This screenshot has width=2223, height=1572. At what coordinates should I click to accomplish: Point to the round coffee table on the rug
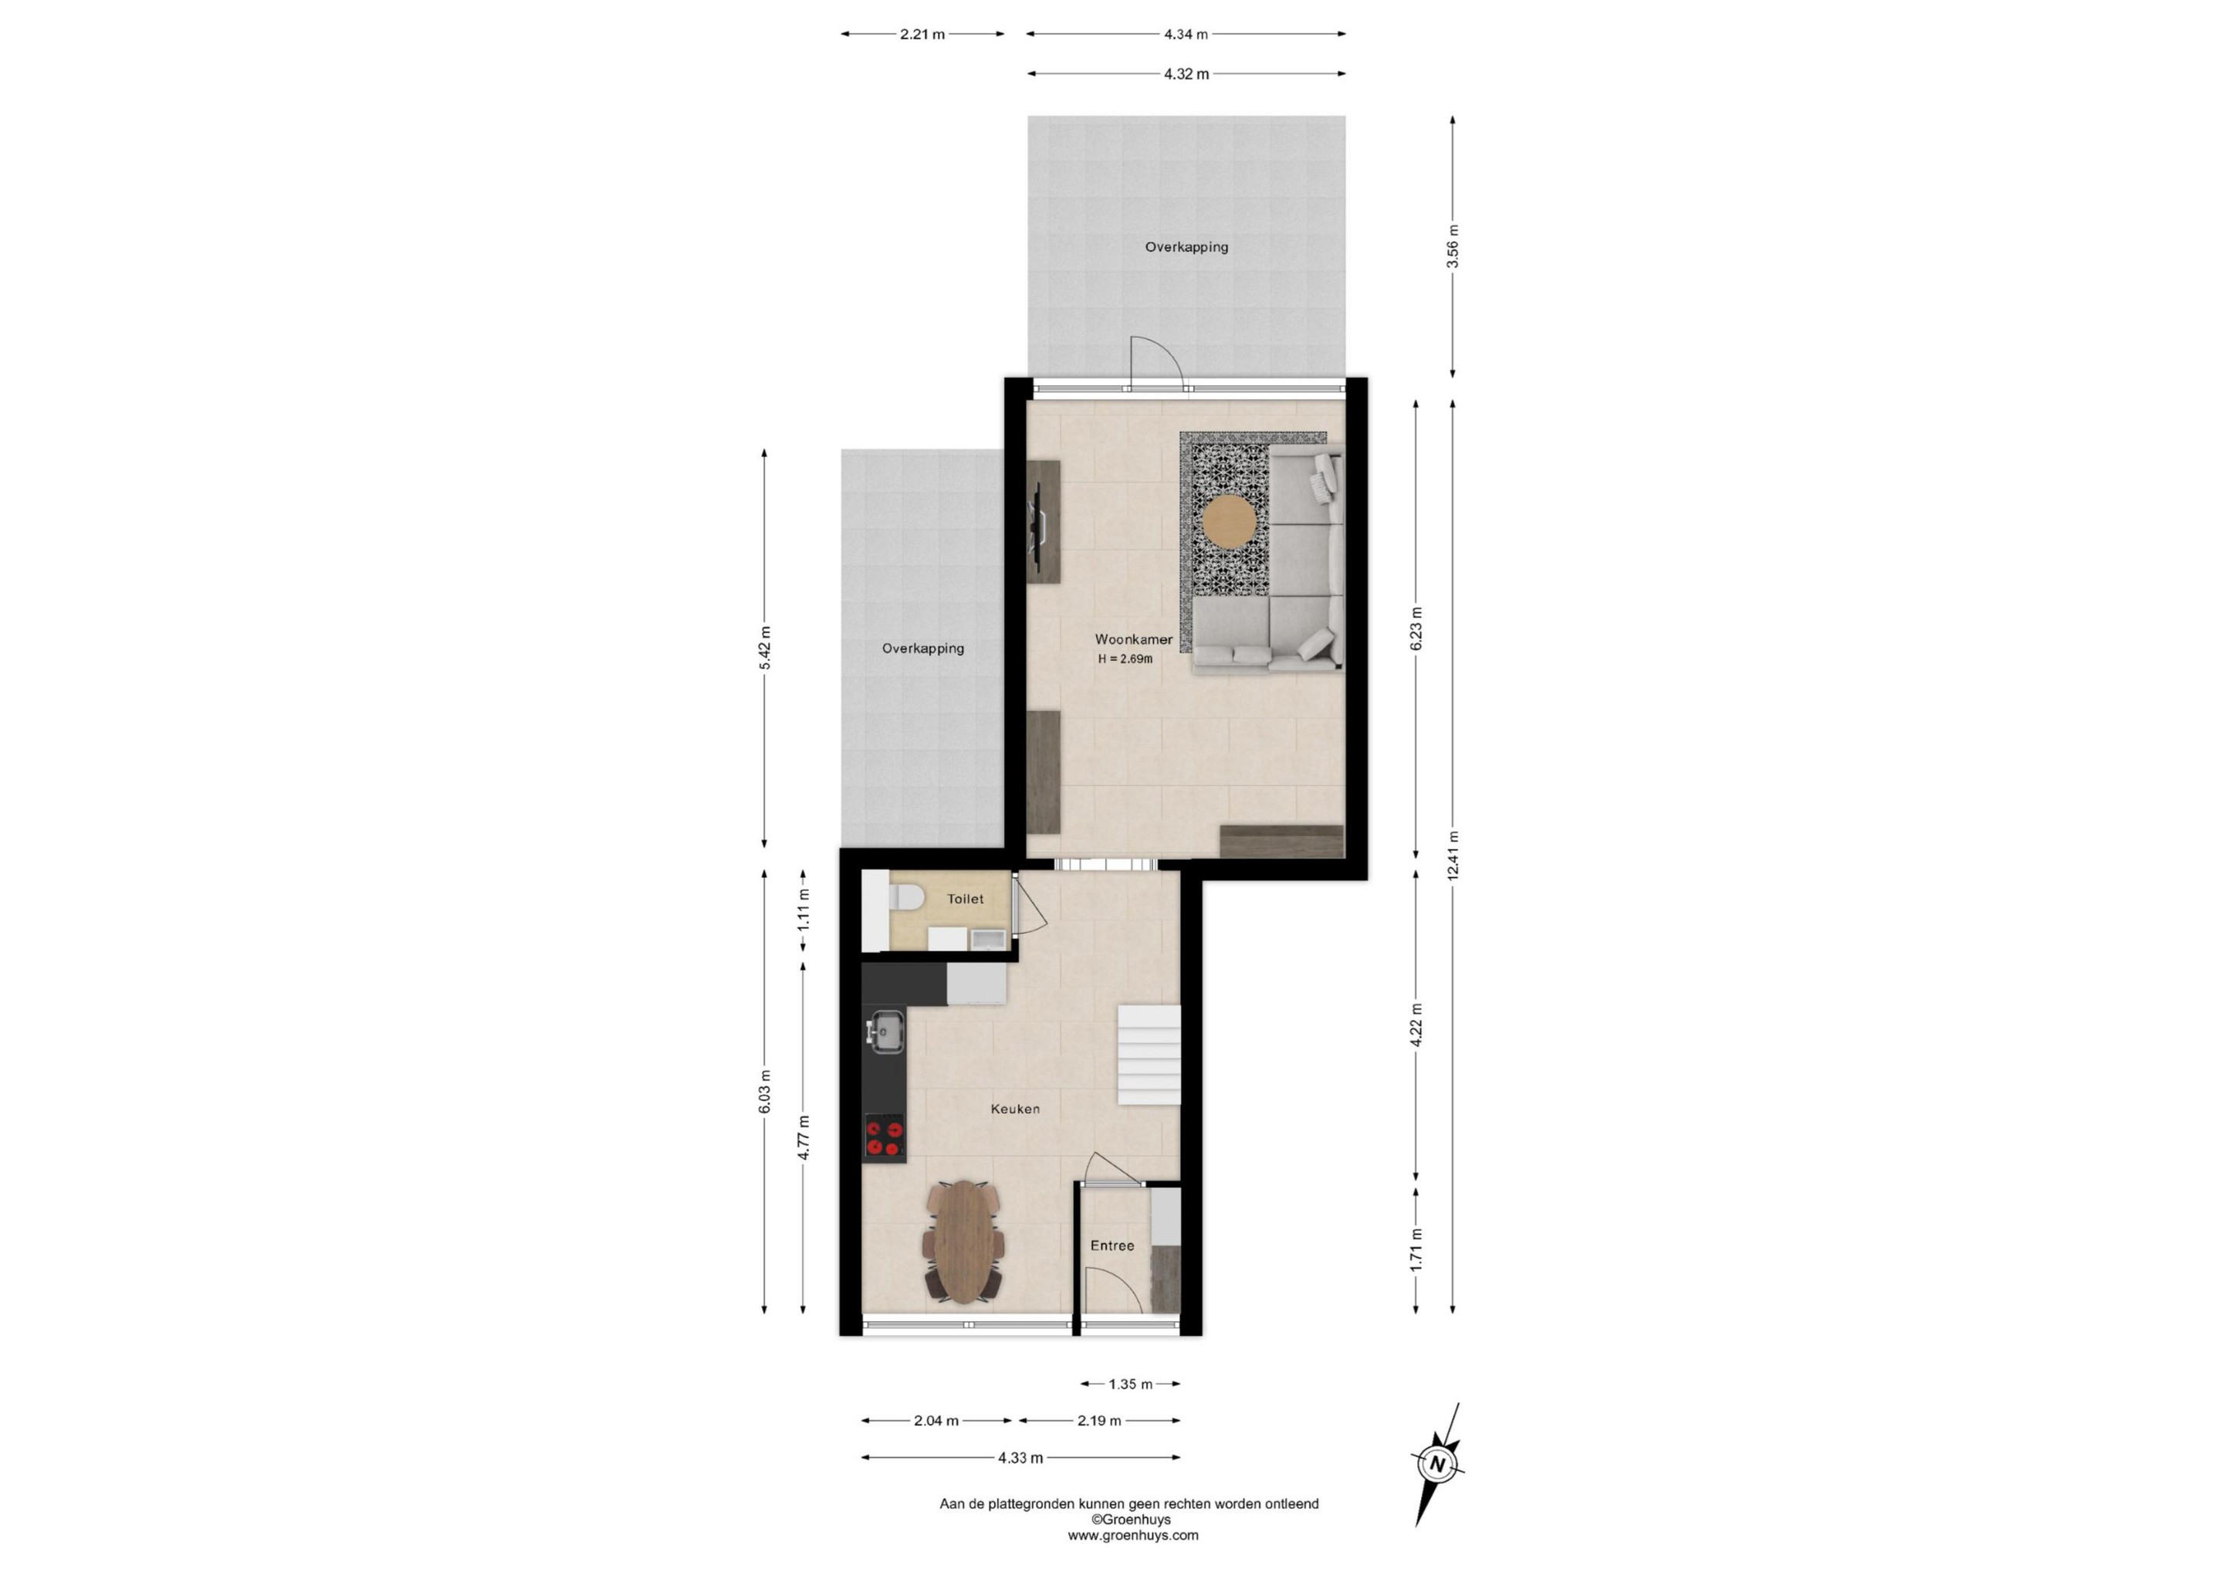[x=1230, y=522]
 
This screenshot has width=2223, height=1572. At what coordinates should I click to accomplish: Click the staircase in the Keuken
[x=1150, y=1055]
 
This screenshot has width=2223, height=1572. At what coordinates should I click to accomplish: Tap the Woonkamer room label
[x=1134, y=639]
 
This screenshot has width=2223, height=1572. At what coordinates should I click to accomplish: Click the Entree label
[x=1112, y=1245]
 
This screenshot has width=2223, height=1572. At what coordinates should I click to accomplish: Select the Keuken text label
[x=1015, y=1108]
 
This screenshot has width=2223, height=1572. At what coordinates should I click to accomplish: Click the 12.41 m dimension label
[x=1453, y=856]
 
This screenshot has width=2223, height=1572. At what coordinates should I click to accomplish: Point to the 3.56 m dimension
[x=1453, y=246]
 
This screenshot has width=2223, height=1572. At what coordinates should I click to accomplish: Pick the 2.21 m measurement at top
[x=922, y=34]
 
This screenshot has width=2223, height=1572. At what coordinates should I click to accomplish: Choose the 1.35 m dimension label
[x=1131, y=1384]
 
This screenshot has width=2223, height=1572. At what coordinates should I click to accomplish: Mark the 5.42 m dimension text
[x=765, y=648]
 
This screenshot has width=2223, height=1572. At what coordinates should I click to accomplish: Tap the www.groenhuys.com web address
[x=1133, y=1535]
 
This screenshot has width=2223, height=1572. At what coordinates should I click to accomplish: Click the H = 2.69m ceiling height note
[x=1125, y=659]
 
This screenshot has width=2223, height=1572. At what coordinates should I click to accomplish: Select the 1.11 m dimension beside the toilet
[x=804, y=910]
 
